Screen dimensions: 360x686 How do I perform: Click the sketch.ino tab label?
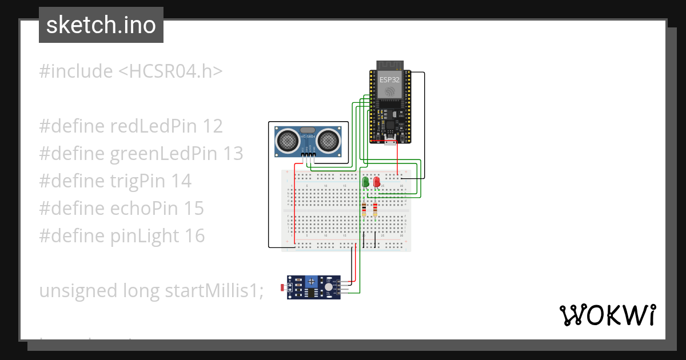point(101,25)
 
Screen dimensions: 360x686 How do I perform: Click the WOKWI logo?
point(607,315)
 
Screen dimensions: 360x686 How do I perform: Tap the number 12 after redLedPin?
point(213,126)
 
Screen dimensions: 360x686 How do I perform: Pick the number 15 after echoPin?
point(194,208)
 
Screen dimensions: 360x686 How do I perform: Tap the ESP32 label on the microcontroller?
point(389,81)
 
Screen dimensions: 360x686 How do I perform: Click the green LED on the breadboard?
point(365,182)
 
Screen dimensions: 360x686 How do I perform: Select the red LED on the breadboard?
point(376,182)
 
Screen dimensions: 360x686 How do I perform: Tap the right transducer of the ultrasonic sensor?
point(329,139)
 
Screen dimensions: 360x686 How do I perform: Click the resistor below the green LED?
point(364,210)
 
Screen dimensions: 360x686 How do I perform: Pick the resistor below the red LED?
point(375,210)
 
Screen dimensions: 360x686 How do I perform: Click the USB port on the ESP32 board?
point(390,141)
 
